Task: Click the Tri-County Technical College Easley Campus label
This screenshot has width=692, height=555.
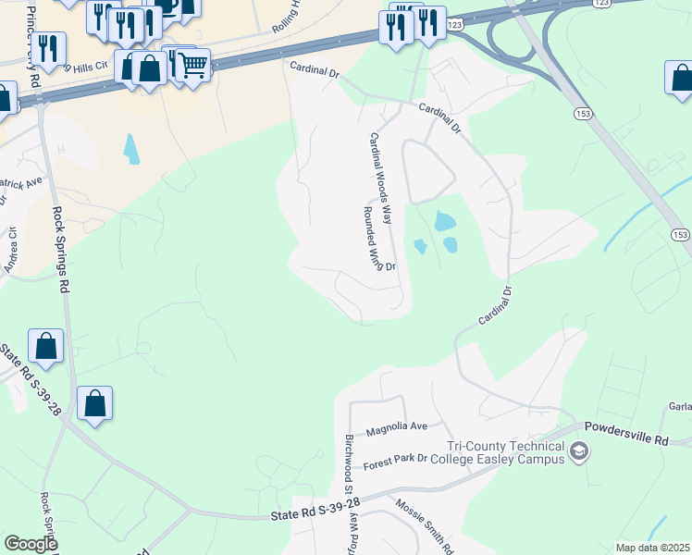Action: coord(503,452)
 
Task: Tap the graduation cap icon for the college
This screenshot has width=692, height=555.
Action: coord(579,451)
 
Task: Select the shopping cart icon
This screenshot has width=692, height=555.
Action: coord(192,65)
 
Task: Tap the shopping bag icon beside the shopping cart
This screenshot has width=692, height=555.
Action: coord(149,68)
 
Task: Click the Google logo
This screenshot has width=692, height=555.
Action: coord(31,544)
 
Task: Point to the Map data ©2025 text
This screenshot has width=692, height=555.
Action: coord(653,548)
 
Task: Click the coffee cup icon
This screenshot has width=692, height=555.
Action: coord(167,7)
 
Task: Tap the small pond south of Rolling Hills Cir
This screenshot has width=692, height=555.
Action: coord(132,148)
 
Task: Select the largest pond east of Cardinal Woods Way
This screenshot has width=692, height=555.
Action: coord(444,221)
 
